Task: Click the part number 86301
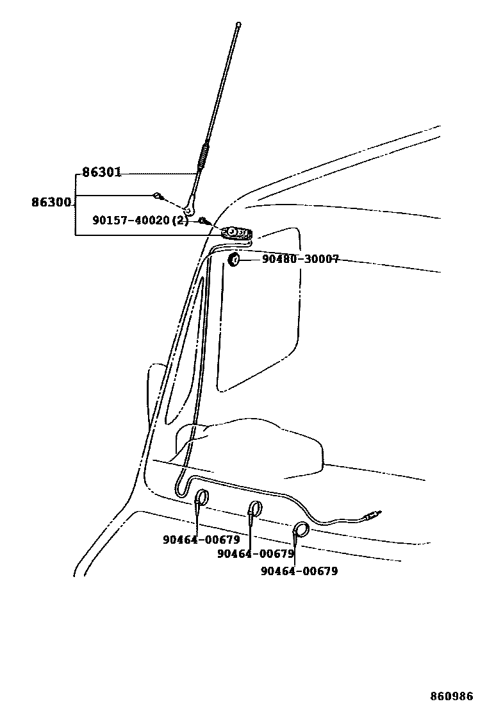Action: [x=101, y=173]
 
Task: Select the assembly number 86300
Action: [x=51, y=203]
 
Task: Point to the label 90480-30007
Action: [x=300, y=260]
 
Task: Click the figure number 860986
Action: [x=451, y=696]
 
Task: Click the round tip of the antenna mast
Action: [x=238, y=25]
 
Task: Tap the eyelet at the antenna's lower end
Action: [x=188, y=206]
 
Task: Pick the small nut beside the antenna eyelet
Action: [x=156, y=196]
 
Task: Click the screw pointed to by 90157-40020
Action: [x=202, y=221]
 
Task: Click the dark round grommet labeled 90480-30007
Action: [x=234, y=260]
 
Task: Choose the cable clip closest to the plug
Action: [x=300, y=530]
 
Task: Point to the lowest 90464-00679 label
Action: [x=299, y=571]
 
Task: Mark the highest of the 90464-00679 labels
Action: [x=201, y=540]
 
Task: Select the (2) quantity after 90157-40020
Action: [x=181, y=221]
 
